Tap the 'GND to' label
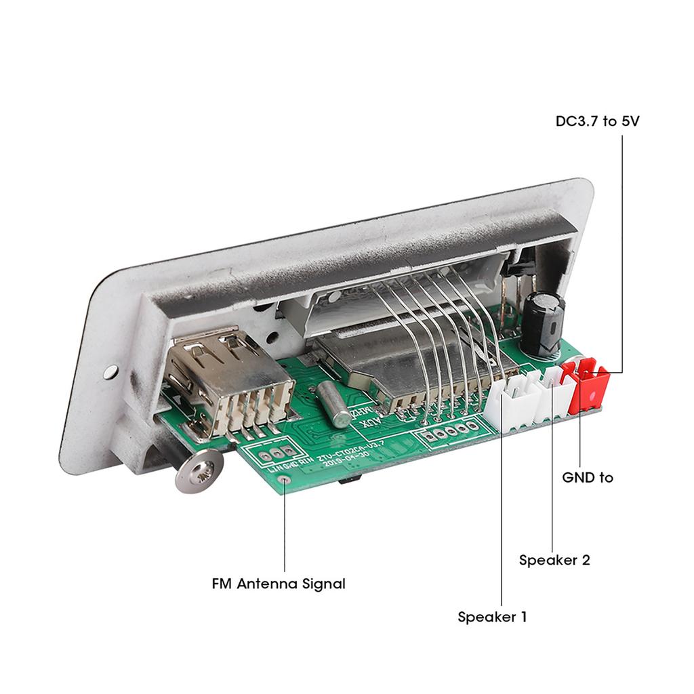(x=588, y=477)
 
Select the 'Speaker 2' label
(x=554, y=560)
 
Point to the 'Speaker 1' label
(x=492, y=617)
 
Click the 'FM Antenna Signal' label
(x=279, y=583)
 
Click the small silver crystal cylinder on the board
(x=331, y=403)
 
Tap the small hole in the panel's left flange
(x=110, y=371)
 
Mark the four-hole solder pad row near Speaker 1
(x=448, y=433)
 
